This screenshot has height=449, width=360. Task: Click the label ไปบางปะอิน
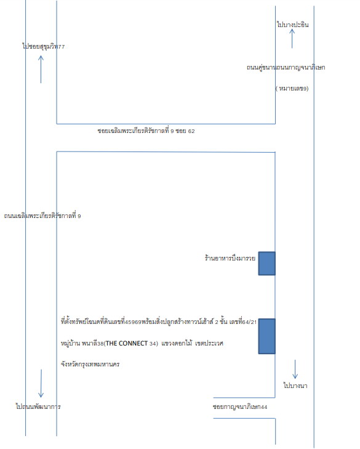[x=293, y=25]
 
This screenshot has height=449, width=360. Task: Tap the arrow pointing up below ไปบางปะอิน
[x=292, y=38]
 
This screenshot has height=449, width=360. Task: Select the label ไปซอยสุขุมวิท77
[x=44, y=46]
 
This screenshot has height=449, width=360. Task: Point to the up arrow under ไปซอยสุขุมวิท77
[x=41, y=70]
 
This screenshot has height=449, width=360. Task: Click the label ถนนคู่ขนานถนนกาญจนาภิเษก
[x=286, y=68]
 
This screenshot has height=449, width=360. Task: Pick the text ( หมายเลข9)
[x=292, y=89]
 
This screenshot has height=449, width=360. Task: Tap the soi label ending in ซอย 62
[x=146, y=131]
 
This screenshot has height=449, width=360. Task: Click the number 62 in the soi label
[x=191, y=131]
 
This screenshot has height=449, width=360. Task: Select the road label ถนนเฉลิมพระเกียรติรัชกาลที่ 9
[x=42, y=216]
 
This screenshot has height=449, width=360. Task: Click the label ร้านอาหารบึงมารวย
[x=230, y=258]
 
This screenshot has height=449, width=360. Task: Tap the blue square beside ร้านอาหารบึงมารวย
[x=266, y=264]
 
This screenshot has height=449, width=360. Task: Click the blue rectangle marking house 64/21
[x=266, y=336]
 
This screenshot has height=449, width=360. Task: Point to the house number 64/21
[x=250, y=322]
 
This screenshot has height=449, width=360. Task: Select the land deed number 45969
[x=133, y=322]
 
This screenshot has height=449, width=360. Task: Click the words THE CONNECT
[x=127, y=343]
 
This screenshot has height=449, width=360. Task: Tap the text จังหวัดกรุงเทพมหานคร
[x=90, y=364]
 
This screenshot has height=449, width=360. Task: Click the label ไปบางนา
[x=295, y=386]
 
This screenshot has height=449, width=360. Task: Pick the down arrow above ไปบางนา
[x=295, y=370]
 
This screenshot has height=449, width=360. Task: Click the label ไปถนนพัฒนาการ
[x=38, y=407]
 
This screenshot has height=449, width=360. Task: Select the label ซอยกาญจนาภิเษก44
[x=240, y=407]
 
